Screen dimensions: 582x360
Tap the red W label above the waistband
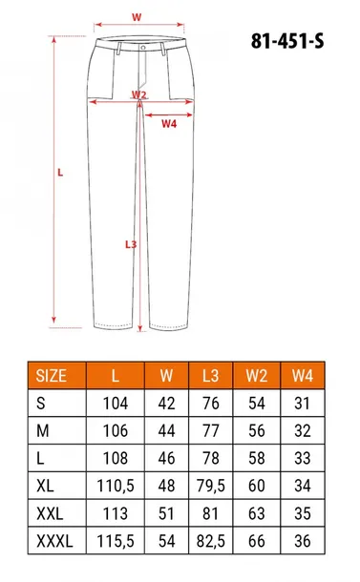coord(137,17)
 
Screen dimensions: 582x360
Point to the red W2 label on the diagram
coord(139,94)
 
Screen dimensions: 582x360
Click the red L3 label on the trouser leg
coord(132,243)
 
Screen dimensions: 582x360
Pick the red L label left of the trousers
coord(60,173)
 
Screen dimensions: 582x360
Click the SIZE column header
coord(51,376)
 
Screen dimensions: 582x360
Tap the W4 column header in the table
coord(302,376)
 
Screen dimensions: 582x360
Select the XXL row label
coord(51,512)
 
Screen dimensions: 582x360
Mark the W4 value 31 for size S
coord(302,404)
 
